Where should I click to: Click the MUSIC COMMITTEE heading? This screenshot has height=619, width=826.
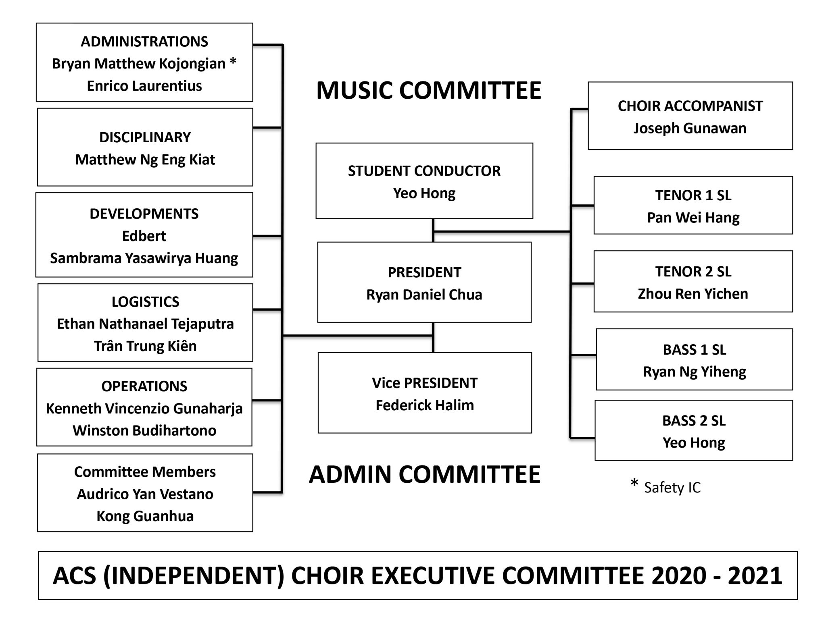point(428,90)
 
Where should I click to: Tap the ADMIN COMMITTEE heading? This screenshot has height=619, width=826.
point(424,474)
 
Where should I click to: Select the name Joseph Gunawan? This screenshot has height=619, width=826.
point(690,129)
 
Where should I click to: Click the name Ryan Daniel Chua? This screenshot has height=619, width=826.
point(424,295)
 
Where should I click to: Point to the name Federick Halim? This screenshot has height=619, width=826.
point(425,405)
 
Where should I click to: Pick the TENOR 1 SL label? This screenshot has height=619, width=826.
point(693,195)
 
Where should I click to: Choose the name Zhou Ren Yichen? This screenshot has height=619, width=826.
point(693,294)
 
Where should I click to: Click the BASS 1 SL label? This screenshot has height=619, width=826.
point(694,350)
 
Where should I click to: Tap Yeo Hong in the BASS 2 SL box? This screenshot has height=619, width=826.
point(694,443)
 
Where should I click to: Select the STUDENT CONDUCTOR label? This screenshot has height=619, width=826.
point(424,171)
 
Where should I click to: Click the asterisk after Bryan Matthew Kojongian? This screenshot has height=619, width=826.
point(233,62)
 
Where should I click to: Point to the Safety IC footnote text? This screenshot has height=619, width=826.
point(672,488)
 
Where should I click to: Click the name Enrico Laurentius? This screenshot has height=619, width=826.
point(144,86)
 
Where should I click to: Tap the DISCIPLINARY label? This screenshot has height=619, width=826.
point(145,137)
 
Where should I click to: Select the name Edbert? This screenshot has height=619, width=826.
point(144,236)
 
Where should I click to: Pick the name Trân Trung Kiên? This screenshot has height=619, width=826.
point(145,346)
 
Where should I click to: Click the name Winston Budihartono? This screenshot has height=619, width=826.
point(144,430)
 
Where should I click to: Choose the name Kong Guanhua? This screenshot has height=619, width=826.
point(145,516)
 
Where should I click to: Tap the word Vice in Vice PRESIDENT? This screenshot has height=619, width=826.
point(385,383)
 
